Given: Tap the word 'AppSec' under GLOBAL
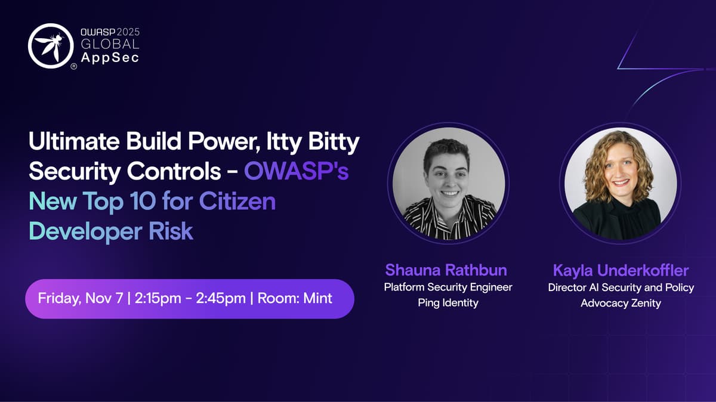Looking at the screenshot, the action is [x=110, y=57].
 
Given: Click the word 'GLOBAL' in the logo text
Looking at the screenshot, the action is [x=110, y=44].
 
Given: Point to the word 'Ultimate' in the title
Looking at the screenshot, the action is [x=74, y=141].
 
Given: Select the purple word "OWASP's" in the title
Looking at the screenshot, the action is [x=296, y=171].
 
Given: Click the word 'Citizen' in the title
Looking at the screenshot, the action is [x=237, y=201].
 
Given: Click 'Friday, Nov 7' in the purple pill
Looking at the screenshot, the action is [x=80, y=298].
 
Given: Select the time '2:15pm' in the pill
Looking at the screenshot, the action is [x=158, y=298].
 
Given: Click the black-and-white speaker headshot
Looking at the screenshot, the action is [x=449, y=184].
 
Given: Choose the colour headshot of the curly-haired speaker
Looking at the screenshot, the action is [x=620, y=184].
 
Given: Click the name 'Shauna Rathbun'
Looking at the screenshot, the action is [x=446, y=270].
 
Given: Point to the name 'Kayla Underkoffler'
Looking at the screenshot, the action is [x=621, y=271].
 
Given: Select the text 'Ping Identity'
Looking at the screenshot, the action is [x=448, y=302].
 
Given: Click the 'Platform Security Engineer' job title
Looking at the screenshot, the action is [x=448, y=287].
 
